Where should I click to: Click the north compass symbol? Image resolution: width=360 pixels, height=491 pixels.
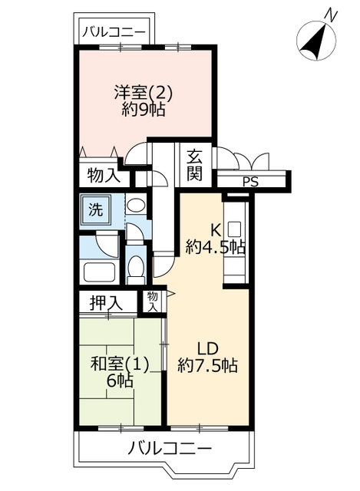point(316,40)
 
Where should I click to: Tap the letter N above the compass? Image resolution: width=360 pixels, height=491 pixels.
point(331,15)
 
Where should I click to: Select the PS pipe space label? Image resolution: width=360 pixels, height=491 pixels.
point(251,182)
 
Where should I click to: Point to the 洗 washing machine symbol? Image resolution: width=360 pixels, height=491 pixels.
point(95,209)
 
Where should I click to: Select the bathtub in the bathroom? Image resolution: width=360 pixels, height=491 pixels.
point(99,272)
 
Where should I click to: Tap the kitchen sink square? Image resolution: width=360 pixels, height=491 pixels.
point(234,229)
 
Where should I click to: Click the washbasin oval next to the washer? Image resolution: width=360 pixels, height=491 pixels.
point(137,206)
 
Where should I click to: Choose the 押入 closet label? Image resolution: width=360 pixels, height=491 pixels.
point(106,302)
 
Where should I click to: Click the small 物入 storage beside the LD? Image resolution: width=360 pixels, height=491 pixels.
point(152,302)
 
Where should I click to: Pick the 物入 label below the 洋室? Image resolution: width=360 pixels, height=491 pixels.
point(104,175)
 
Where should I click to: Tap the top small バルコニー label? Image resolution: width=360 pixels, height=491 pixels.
point(114,32)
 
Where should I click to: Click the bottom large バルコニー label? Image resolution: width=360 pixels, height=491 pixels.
point(170,448)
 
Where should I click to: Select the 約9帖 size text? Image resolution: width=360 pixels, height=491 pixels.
point(144,110)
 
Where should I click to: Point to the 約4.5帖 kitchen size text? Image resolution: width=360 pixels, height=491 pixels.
point(215,247)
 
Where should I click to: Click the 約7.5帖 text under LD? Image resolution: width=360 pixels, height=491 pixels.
point(207,365)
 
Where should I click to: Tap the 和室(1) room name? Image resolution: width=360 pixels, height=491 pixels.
point(120,365)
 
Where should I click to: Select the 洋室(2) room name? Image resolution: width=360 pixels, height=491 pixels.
point(144,93)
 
